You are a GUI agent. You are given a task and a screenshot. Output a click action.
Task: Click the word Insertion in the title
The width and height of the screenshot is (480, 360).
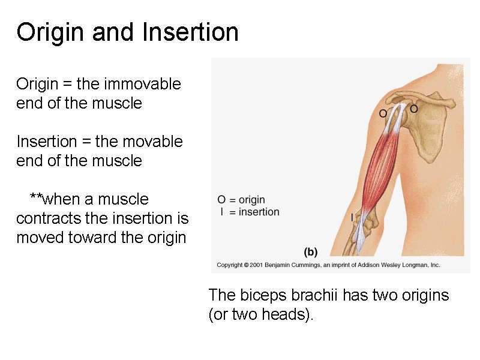(x=190, y=32)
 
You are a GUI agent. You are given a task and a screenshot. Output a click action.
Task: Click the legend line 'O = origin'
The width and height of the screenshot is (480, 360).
(x=241, y=200)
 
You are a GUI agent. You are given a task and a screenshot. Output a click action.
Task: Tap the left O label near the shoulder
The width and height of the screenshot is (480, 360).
(x=383, y=113)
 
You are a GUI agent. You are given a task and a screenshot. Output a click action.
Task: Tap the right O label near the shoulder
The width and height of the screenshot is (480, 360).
(x=413, y=109)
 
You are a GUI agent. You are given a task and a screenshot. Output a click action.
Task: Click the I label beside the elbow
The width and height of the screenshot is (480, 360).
(x=352, y=217)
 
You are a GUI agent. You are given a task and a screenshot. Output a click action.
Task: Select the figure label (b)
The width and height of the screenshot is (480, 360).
(x=311, y=252)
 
